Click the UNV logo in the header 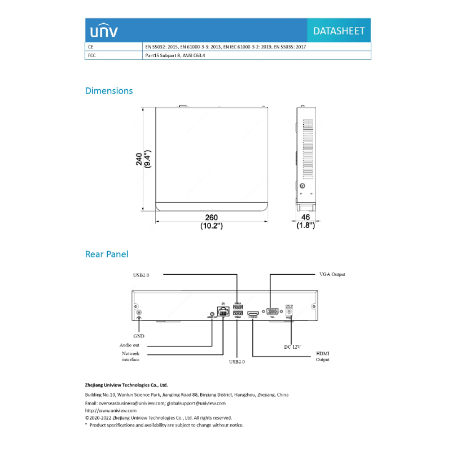[102, 30]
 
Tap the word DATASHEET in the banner [339, 31]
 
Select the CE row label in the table [90, 47]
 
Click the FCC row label [91, 55]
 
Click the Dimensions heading [109, 90]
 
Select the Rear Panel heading [107, 254]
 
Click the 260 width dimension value [212, 218]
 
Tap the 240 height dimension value [139, 160]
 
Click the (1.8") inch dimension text [305, 226]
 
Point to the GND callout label [139, 335]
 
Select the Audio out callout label [129, 345]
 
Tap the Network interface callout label [130, 357]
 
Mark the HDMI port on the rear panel [253, 312]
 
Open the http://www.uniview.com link [111, 410]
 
